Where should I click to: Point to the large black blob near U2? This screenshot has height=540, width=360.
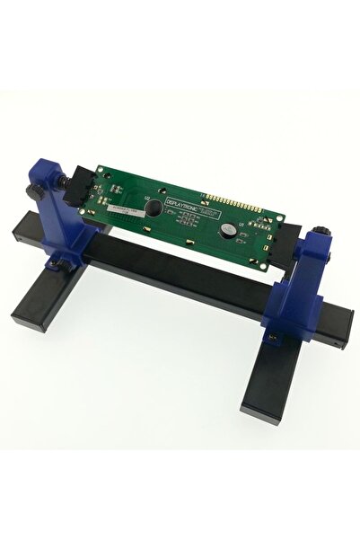pyautogui.click(x=156, y=208)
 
